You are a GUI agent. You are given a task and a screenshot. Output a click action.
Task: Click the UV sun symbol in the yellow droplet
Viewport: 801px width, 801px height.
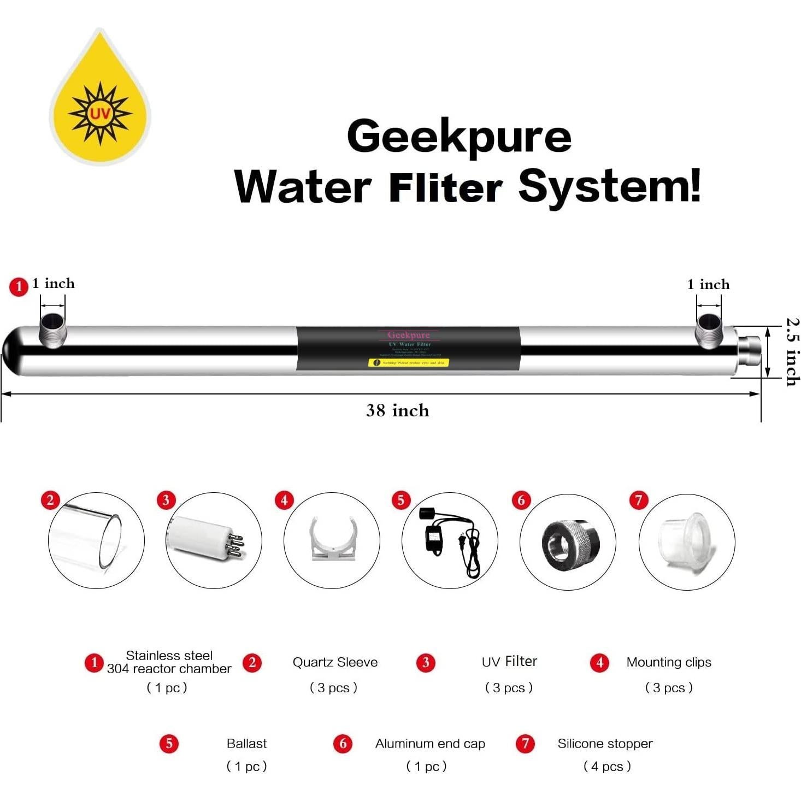click(x=100, y=114)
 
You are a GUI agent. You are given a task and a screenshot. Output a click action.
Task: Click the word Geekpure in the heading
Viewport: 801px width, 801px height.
click(x=459, y=137)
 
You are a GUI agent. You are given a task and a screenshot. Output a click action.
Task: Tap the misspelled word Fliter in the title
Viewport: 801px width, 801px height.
click(x=445, y=187)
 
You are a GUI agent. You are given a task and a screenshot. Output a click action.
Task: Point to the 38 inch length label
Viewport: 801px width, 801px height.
click(x=397, y=410)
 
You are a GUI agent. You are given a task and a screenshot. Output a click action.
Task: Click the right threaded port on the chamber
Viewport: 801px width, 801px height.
click(x=709, y=330)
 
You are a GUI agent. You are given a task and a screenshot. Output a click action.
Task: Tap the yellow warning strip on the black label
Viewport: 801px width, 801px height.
click(x=408, y=362)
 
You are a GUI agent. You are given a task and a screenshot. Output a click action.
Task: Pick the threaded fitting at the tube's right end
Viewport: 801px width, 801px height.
click(x=749, y=350)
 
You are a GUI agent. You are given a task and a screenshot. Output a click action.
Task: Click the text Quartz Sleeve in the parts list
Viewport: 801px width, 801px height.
click(x=335, y=662)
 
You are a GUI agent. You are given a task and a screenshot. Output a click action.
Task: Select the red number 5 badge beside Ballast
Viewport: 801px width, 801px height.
click(x=169, y=743)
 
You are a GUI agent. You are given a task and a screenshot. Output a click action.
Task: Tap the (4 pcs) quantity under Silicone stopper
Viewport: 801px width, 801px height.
click(x=607, y=766)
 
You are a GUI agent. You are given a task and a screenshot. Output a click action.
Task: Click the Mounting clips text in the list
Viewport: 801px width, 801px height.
click(x=669, y=662)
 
